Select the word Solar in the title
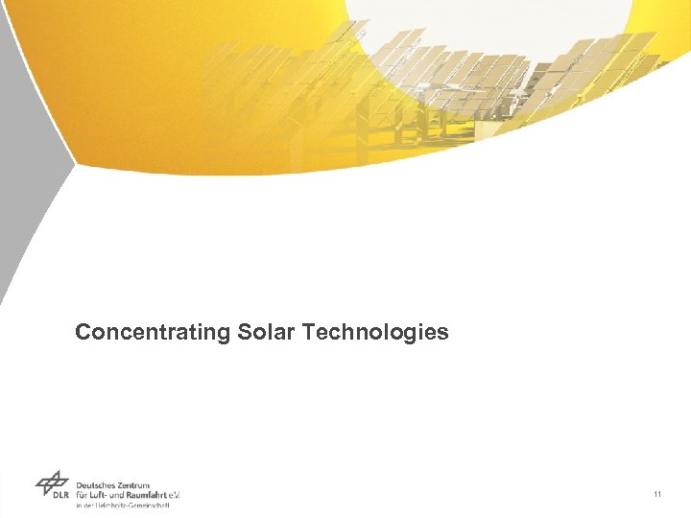(x=266, y=332)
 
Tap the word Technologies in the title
(x=375, y=333)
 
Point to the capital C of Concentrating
(x=83, y=332)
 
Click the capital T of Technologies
(x=308, y=332)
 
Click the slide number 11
(x=656, y=494)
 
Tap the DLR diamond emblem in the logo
(x=52, y=482)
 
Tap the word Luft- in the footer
(x=104, y=496)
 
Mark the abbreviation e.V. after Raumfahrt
(x=176, y=496)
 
